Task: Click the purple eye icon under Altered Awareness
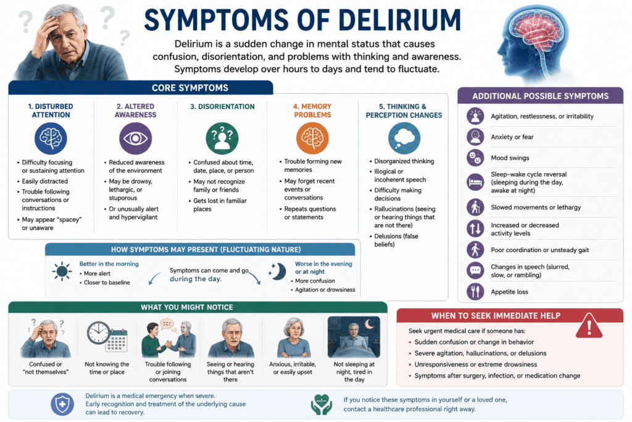(x=135, y=138)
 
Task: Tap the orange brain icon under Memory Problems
(x=312, y=138)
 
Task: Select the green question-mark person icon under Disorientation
(x=222, y=138)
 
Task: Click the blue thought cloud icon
(x=404, y=138)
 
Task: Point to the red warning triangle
(x=589, y=326)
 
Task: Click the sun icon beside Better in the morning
(x=62, y=271)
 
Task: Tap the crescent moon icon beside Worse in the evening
(x=278, y=271)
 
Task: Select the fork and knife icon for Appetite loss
(x=475, y=291)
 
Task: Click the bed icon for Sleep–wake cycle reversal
(x=475, y=182)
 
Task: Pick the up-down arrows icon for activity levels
(x=475, y=229)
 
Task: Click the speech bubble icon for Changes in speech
(x=475, y=270)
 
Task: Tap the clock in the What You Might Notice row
(x=98, y=333)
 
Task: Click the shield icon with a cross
(x=62, y=404)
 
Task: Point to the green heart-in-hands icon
(x=321, y=405)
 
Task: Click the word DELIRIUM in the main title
(x=399, y=20)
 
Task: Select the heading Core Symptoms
(x=190, y=88)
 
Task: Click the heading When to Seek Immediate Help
(x=496, y=316)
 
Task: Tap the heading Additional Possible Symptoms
(x=541, y=96)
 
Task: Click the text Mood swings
(x=510, y=158)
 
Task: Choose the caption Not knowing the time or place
(x=107, y=368)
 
